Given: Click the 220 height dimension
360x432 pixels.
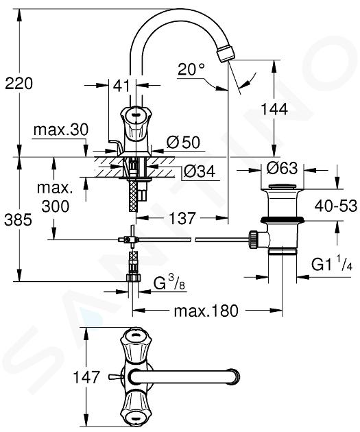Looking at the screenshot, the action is click(x=19, y=83).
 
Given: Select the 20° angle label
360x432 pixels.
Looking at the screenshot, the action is click(x=191, y=69).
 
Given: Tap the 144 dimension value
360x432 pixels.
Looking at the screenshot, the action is click(x=274, y=109).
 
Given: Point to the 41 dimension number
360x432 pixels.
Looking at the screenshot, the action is click(x=121, y=86).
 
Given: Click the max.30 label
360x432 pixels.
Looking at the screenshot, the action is click(x=61, y=130).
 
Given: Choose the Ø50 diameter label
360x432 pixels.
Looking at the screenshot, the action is click(x=183, y=142).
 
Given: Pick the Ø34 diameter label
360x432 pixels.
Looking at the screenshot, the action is click(x=199, y=172).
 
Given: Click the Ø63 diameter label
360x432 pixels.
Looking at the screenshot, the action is click(x=282, y=168).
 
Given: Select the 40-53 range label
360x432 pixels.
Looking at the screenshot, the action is click(x=336, y=206).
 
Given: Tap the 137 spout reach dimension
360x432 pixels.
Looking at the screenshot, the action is click(x=182, y=218).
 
